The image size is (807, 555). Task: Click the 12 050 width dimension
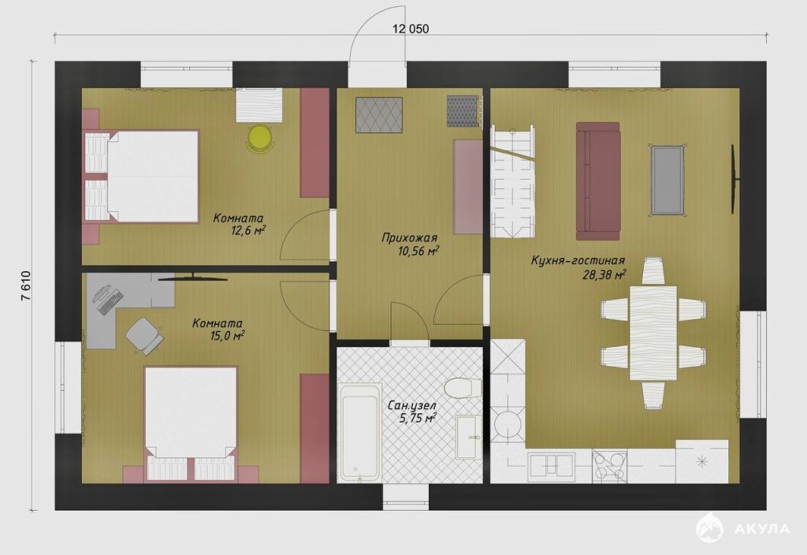point(411,29)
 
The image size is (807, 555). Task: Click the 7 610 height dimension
point(26,287)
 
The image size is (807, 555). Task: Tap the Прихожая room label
point(410,238)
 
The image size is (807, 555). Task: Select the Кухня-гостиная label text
point(578,261)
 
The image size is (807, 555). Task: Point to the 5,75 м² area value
point(418,418)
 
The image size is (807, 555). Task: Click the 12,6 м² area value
point(248,230)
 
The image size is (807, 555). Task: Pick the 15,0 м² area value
point(225,336)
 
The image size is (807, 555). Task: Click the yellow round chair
point(259,138)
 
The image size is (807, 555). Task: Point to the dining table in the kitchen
point(653,333)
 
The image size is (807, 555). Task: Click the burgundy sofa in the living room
point(598,181)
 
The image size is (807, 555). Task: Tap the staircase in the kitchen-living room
point(512,181)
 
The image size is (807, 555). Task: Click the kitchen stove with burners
point(610,465)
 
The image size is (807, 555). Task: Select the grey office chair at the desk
point(144,335)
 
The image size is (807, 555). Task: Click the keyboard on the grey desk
point(112,302)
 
